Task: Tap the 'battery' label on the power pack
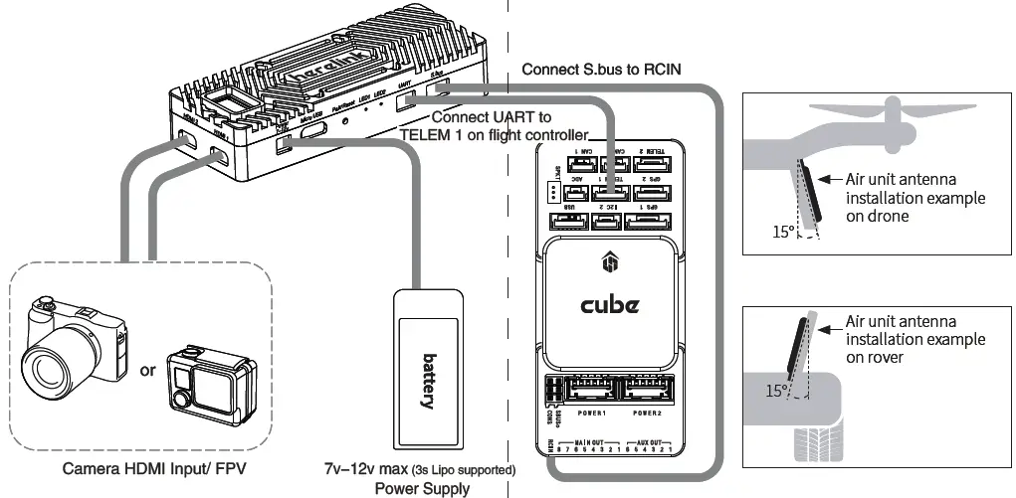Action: coord(429,381)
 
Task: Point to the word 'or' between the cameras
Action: coord(147,371)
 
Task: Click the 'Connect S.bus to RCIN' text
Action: coord(601,69)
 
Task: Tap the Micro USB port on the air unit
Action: coord(312,129)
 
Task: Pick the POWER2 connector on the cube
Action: coord(647,392)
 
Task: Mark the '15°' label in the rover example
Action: coord(777,391)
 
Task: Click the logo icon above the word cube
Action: coord(609,264)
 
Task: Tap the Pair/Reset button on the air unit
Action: coord(345,120)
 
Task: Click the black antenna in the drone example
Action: coord(813,195)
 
